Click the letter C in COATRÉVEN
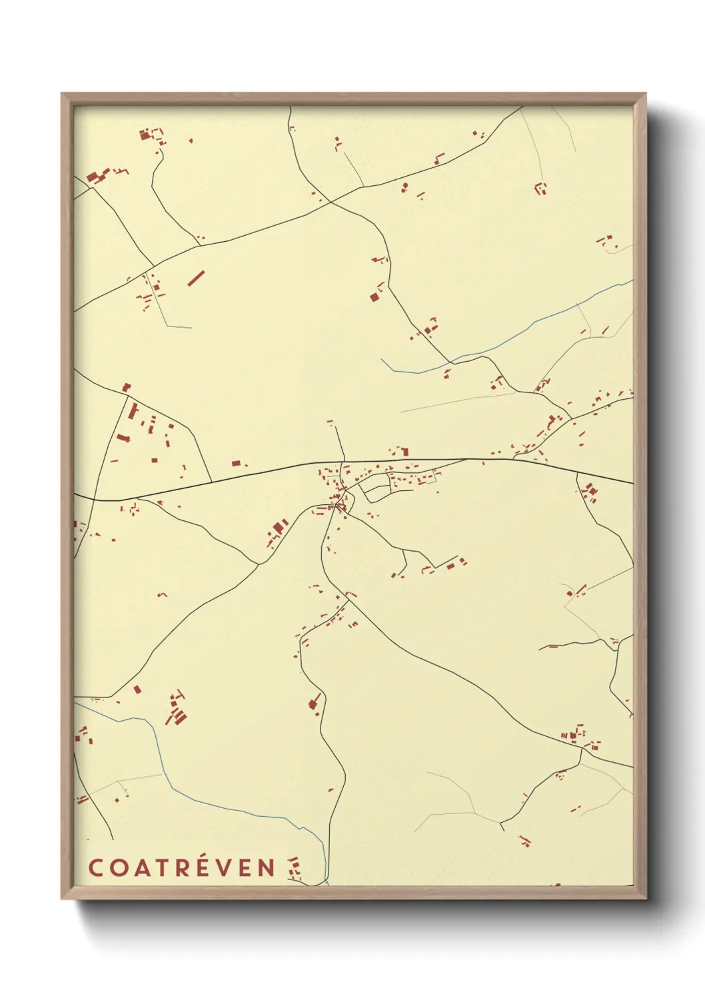click(x=95, y=867)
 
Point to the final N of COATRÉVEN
click(x=267, y=867)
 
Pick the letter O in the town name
click(x=116, y=867)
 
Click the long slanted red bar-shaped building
click(x=195, y=278)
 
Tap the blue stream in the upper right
click(x=533, y=326)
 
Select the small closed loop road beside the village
click(x=374, y=490)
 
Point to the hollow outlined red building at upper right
click(x=540, y=188)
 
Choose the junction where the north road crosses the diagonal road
click(x=329, y=201)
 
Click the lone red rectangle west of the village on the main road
click(x=236, y=463)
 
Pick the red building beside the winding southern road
click(x=313, y=703)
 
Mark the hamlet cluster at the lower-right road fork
click(x=577, y=736)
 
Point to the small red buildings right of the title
click(x=294, y=868)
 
